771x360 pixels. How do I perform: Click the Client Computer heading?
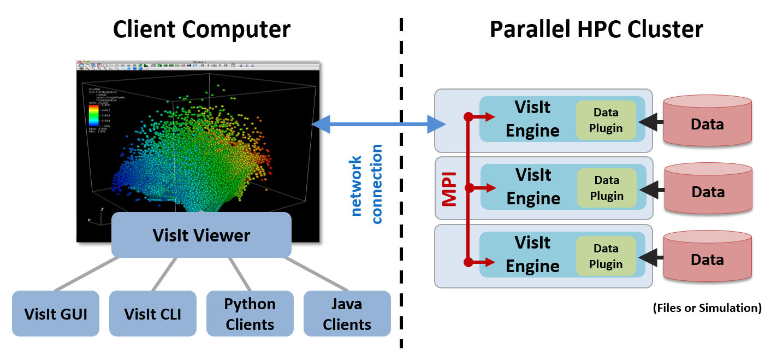point(201,29)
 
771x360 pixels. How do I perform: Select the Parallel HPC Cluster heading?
point(596,29)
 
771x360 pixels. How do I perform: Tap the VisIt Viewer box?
point(201,235)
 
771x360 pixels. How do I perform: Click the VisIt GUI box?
point(55,314)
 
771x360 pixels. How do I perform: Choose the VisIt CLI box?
point(152,314)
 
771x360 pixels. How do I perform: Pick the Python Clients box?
point(250,314)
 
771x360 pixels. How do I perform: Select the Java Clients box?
point(347,314)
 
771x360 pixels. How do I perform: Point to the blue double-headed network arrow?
point(379,125)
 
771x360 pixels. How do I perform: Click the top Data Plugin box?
point(606,120)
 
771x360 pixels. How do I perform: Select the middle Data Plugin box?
point(606,188)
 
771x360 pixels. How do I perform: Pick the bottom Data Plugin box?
point(606,256)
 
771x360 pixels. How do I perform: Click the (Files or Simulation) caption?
point(707,308)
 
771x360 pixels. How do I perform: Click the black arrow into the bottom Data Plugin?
point(650,257)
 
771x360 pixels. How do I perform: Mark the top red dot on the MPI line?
point(468,116)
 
